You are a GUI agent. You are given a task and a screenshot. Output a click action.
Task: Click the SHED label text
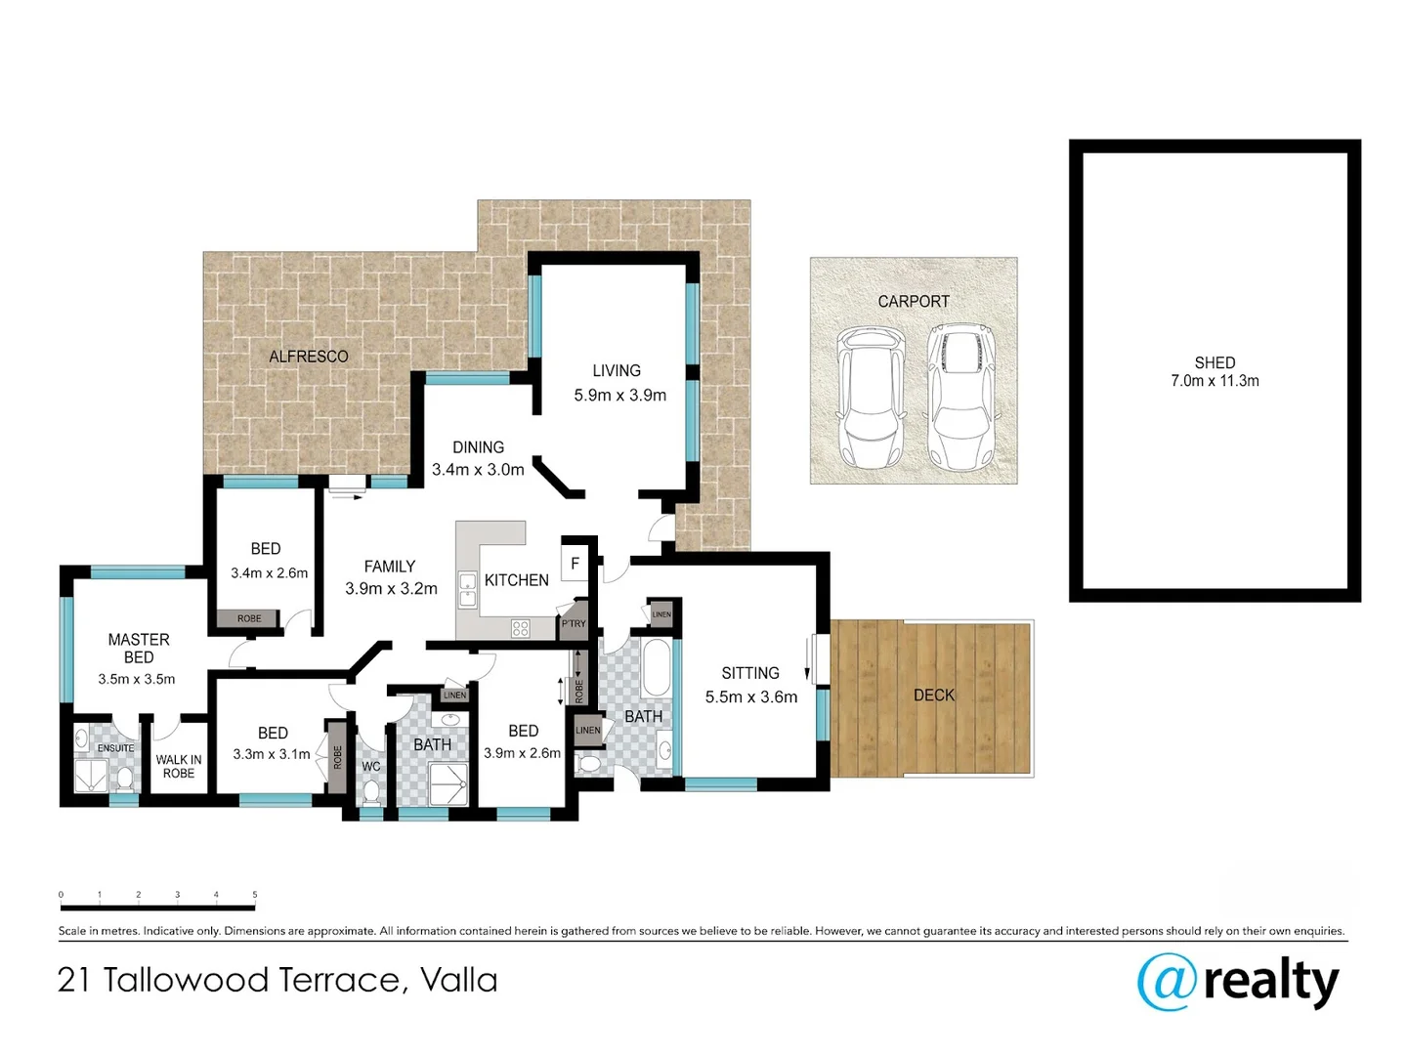[1215, 362]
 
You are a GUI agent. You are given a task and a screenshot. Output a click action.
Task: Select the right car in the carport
[959, 398]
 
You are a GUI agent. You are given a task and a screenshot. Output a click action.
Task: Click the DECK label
[933, 696]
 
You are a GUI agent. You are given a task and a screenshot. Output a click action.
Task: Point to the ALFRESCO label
[309, 357]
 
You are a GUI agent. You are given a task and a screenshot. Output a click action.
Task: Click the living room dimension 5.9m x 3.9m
[619, 396]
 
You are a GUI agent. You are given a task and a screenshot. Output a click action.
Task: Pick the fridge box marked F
[575, 564]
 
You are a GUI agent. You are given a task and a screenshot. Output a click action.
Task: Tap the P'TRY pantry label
[574, 623]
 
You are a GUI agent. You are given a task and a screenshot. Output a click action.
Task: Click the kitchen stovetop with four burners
[520, 629]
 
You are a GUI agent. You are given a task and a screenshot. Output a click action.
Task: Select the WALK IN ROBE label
[179, 767]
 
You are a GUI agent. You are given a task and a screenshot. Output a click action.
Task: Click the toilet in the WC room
[371, 792]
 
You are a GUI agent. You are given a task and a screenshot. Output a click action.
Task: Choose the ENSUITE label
[115, 748]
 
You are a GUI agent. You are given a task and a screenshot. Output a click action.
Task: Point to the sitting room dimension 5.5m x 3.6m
[750, 697]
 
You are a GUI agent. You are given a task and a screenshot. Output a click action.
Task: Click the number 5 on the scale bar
[255, 895]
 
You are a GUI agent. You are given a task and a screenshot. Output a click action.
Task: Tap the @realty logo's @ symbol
[1167, 982]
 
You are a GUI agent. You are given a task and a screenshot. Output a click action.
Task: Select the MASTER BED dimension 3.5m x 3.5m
[137, 679]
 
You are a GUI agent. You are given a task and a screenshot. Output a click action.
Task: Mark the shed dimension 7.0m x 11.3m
[1215, 381]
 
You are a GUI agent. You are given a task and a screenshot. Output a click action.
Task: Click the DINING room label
[478, 447]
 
